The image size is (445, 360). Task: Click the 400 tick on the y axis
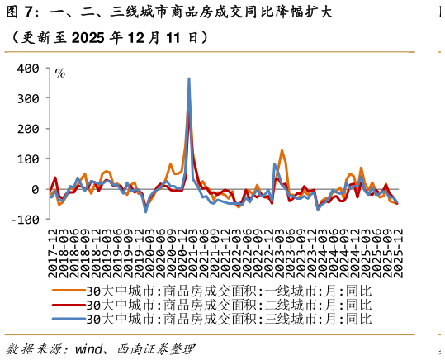[27, 69]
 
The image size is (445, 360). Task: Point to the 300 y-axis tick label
[27, 98]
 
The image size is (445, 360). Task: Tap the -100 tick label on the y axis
[25, 219]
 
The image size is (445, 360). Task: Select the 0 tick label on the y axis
[36, 189]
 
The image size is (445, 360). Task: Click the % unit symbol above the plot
[60, 73]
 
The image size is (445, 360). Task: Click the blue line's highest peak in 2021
[189, 79]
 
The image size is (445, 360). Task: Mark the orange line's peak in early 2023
[282, 150]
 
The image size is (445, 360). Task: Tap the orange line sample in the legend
[69, 291]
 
